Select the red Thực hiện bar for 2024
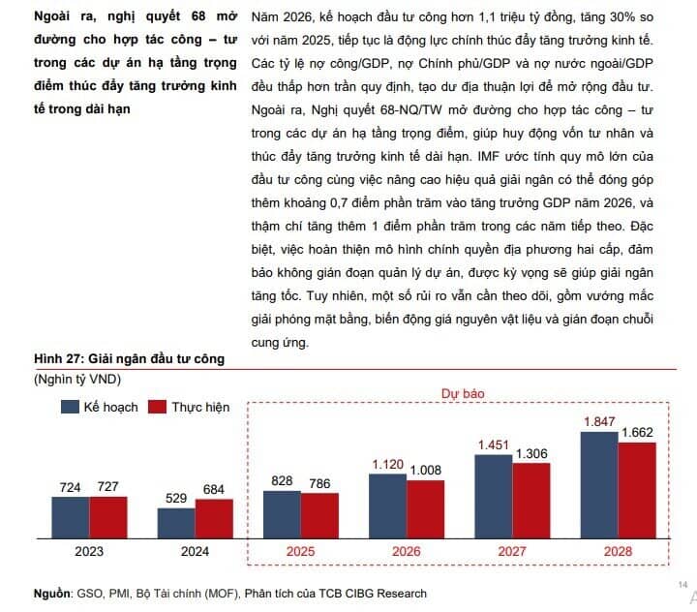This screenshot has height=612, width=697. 214,518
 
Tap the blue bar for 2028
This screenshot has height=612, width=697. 599,484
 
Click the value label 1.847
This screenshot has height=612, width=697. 599,421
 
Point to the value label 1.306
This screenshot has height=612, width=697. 531,453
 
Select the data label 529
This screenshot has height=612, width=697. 177,498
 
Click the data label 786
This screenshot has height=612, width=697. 319,482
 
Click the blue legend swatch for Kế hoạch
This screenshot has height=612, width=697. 71,407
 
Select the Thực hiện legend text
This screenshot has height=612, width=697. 200,407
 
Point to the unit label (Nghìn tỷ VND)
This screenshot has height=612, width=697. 78,380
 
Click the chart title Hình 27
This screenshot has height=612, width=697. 129,359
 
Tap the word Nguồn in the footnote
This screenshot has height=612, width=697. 52,593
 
